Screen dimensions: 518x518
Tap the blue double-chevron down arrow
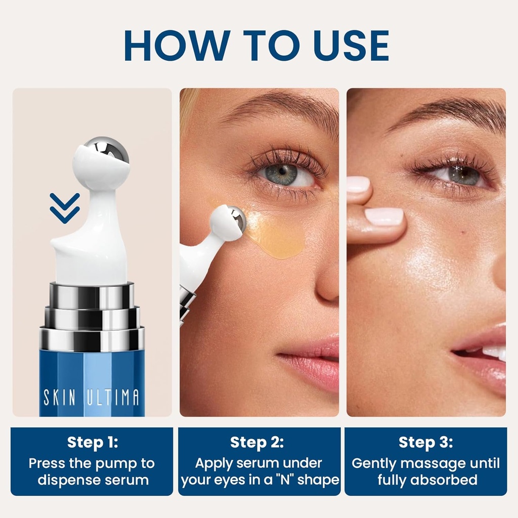[65, 207]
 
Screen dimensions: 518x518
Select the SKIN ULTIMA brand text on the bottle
[92, 397]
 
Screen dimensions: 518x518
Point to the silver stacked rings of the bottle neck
[92, 316]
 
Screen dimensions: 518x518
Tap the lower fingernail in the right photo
[384, 217]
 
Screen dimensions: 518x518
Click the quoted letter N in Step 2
[285, 479]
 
